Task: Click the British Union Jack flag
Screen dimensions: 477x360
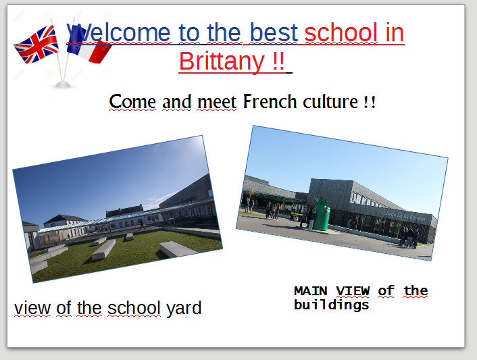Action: [36, 45]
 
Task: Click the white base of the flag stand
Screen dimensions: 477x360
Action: [63, 84]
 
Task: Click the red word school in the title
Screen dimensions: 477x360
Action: [341, 32]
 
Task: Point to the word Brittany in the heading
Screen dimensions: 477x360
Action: [222, 61]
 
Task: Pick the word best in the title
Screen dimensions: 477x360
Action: [274, 32]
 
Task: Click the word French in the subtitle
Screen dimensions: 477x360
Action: [270, 101]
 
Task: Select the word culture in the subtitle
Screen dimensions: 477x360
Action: [330, 101]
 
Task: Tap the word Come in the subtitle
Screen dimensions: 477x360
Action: [132, 101]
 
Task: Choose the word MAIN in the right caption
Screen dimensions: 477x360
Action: [311, 291]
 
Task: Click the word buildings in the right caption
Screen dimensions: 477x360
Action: [332, 305]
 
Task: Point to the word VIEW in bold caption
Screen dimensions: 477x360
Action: [353, 291]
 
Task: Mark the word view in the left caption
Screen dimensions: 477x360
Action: [32, 308]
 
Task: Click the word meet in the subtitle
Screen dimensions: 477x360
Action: [217, 102]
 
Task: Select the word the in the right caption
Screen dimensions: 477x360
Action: [416, 291]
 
